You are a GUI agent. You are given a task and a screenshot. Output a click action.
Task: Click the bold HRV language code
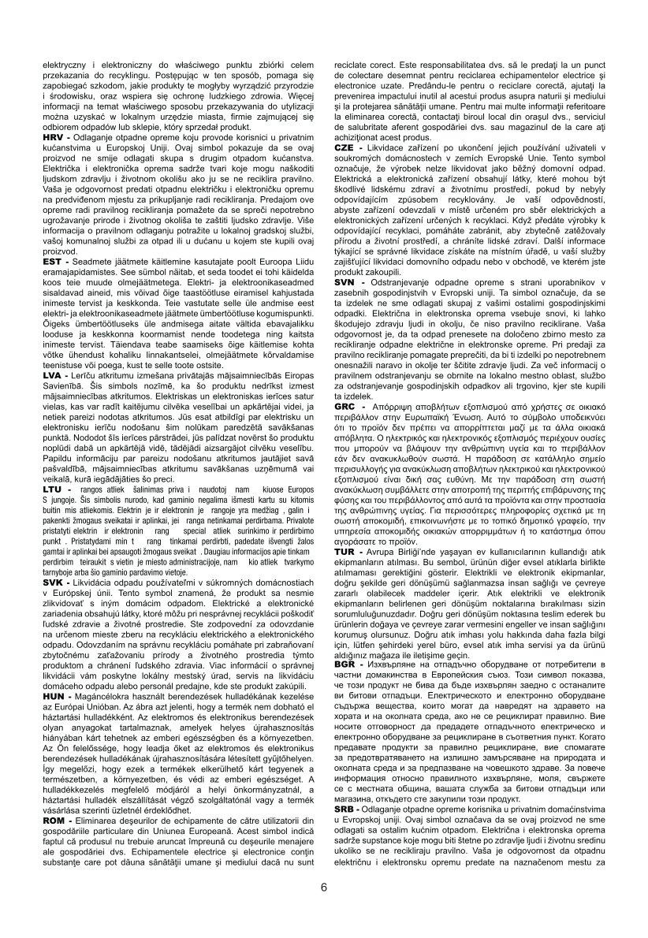(x=54, y=137)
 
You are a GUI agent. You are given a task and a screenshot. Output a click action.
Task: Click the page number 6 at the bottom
(x=324, y=885)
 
